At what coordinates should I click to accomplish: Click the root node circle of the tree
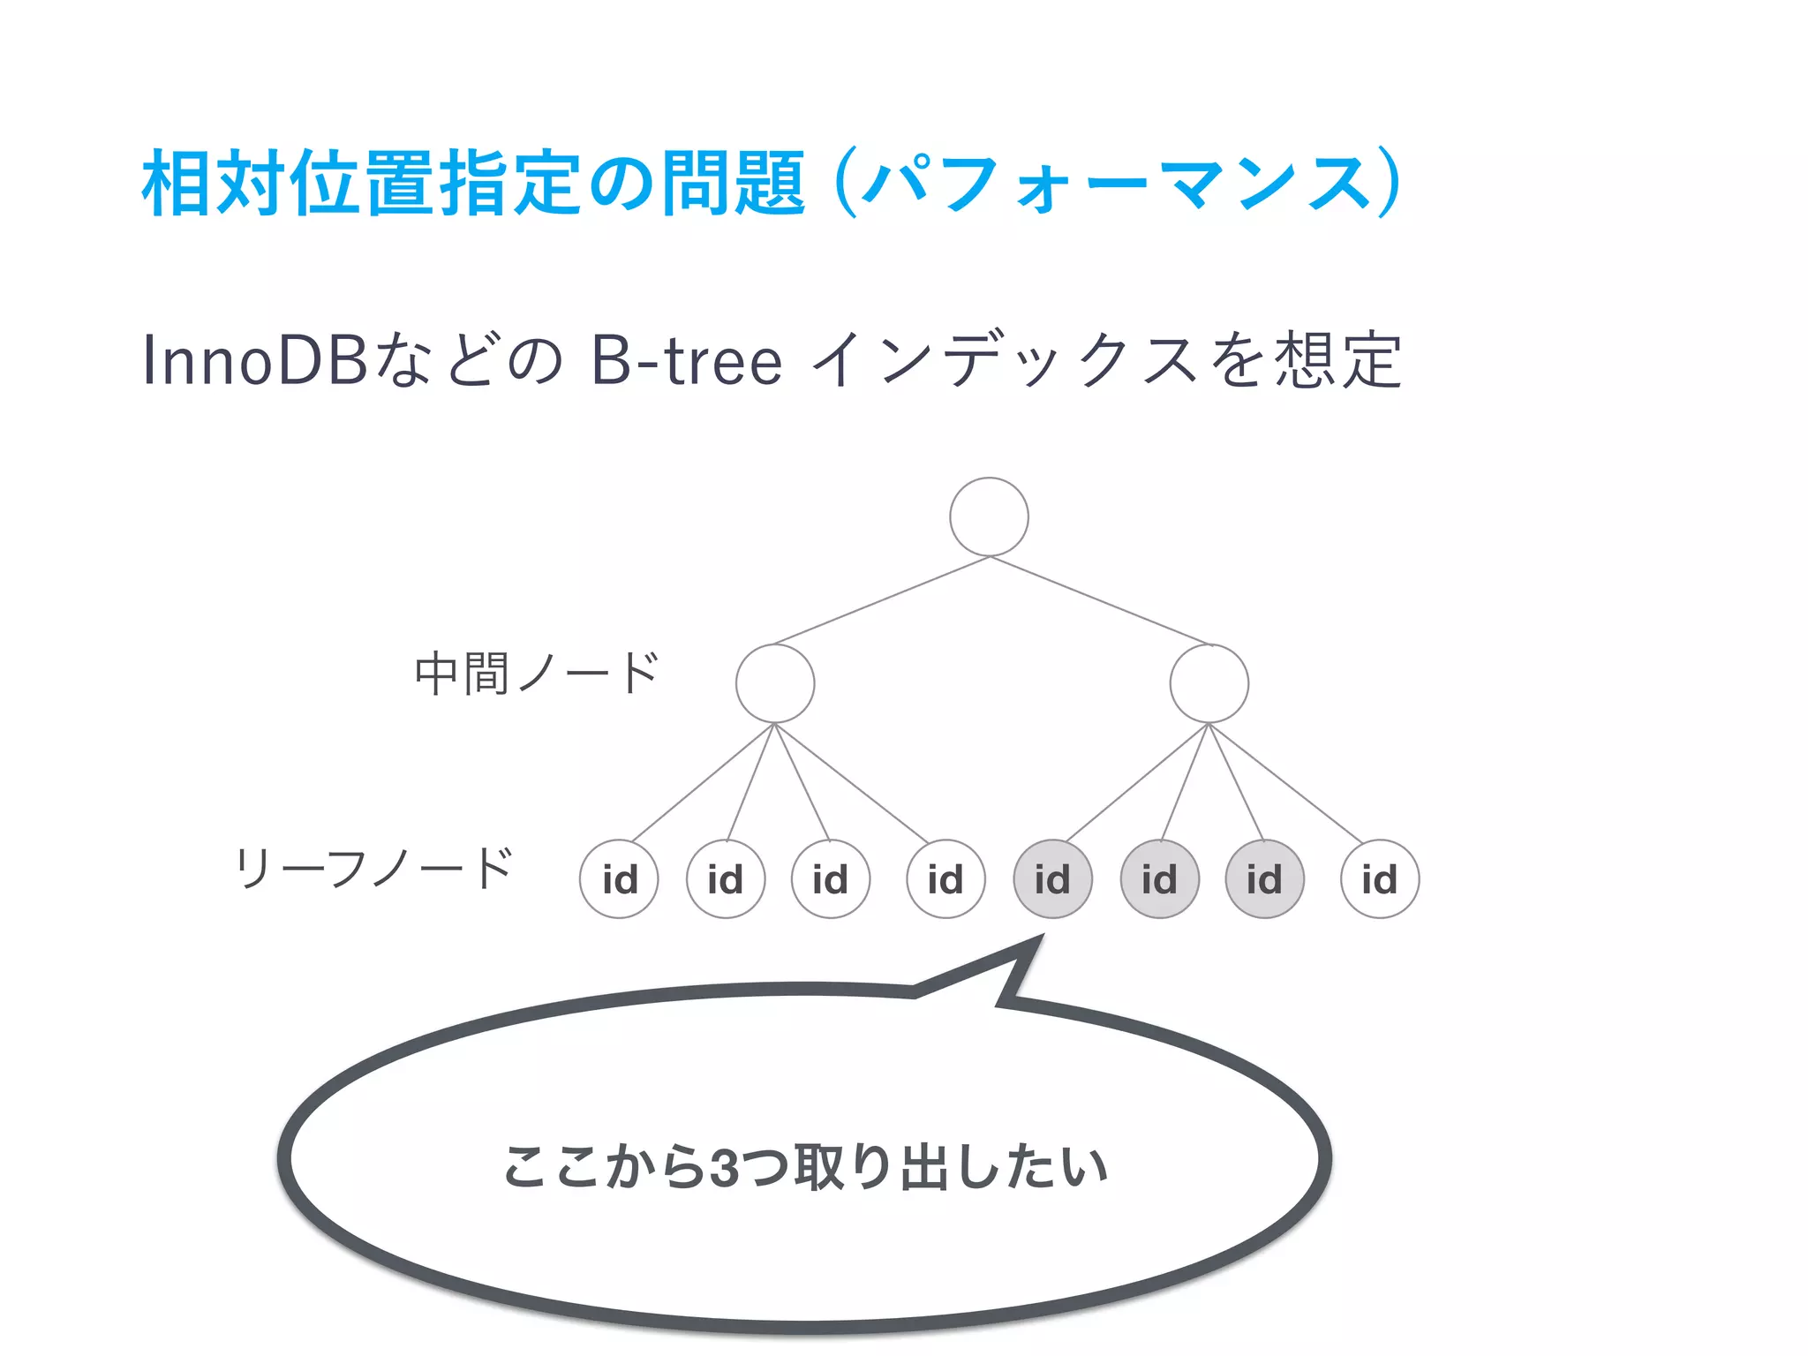[x=989, y=516]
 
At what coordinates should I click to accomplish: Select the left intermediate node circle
[x=775, y=683]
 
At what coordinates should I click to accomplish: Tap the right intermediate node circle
[x=1209, y=683]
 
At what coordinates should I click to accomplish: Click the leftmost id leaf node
[x=619, y=879]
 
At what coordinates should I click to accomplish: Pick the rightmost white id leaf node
[x=1380, y=879]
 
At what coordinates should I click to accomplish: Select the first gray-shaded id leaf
[x=1052, y=879]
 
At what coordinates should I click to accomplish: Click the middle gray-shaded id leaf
[x=1159, y=879]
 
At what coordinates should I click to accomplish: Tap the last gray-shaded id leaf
[x=1264, y=879]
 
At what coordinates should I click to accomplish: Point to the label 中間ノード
[x=537, y=674]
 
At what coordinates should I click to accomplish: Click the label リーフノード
[x=374, y=868]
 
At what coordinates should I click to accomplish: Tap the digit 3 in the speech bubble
[x=724, y=1167]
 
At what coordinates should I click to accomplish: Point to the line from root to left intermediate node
[x=881, y=600]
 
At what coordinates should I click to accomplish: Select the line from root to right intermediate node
[x=1099, y=600]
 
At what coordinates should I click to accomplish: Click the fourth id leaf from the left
[x=945, y=879]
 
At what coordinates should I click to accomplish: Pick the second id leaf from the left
[x=726, y=879]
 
